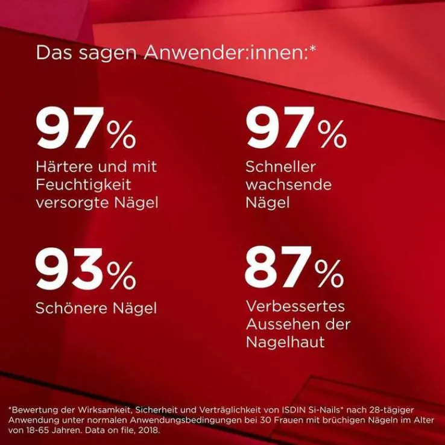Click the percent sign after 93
(122, 275)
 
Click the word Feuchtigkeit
(83, 184)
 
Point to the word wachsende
(288, 185)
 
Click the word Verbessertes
(295, 306)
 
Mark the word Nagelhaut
(285, 342)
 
